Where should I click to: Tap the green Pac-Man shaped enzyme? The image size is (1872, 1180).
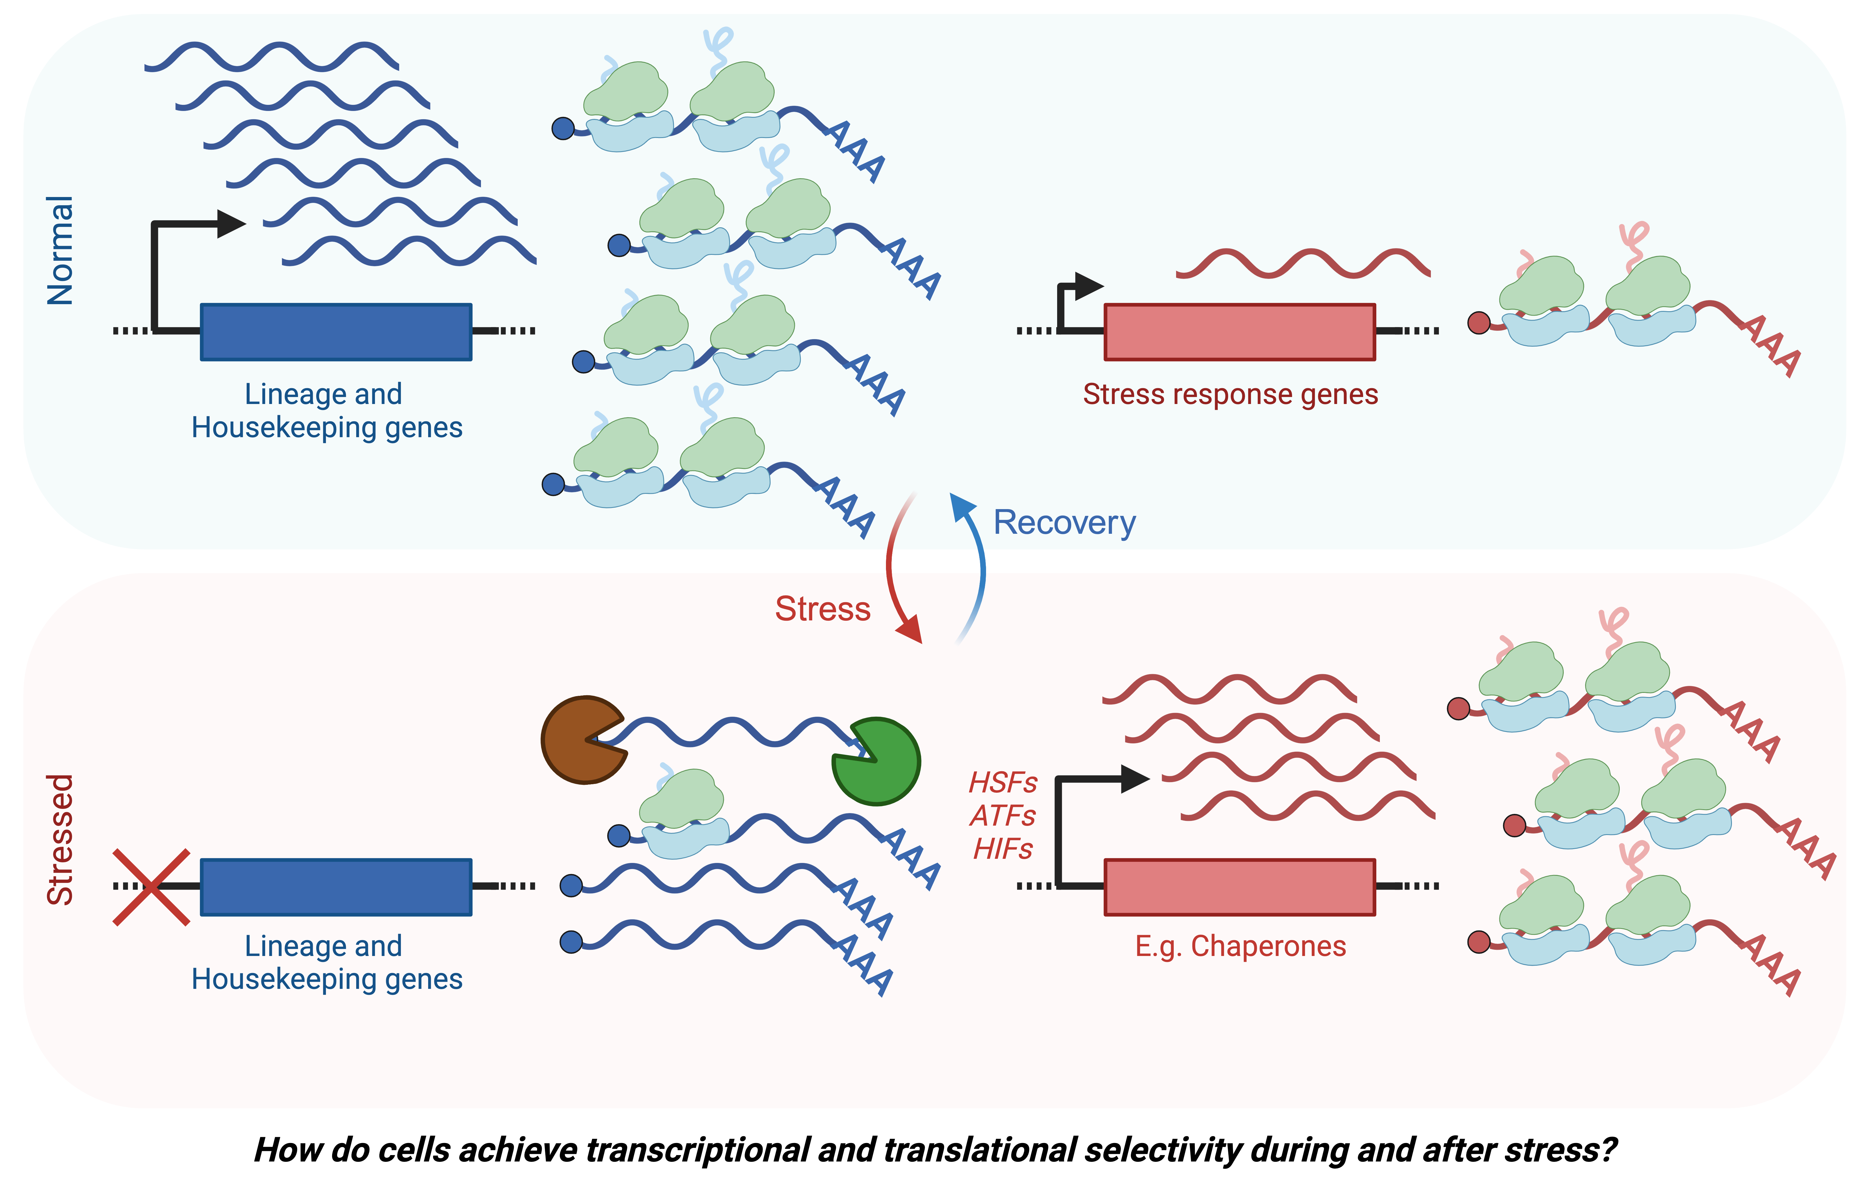tap(879, 766)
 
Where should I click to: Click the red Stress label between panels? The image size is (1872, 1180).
tap(823, 609)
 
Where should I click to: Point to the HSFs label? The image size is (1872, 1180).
tap(1003, 782)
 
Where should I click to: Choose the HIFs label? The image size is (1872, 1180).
tap(1003, 849)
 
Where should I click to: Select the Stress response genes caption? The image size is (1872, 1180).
tap(1230, 394)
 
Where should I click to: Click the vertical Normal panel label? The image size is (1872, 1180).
tap(60, 250)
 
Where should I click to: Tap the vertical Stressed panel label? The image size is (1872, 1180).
tap(60, 839)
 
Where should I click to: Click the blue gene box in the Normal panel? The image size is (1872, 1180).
tap(336, 332)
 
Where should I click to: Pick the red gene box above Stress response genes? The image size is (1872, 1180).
tap(1239, 332)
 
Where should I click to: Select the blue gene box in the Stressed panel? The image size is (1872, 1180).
tap(336, 887)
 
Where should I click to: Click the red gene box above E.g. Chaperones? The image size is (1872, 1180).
tap(1239, 887)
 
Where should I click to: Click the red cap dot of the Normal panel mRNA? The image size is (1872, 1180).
tap(1478, 323)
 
